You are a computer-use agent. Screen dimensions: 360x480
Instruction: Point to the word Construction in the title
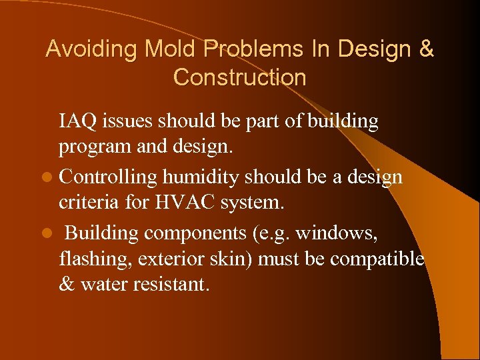click(x=239, y=77)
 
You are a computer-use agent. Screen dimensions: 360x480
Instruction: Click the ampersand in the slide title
click(x=425, y=49)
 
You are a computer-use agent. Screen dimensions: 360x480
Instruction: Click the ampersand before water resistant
click(x=67, y=284)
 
